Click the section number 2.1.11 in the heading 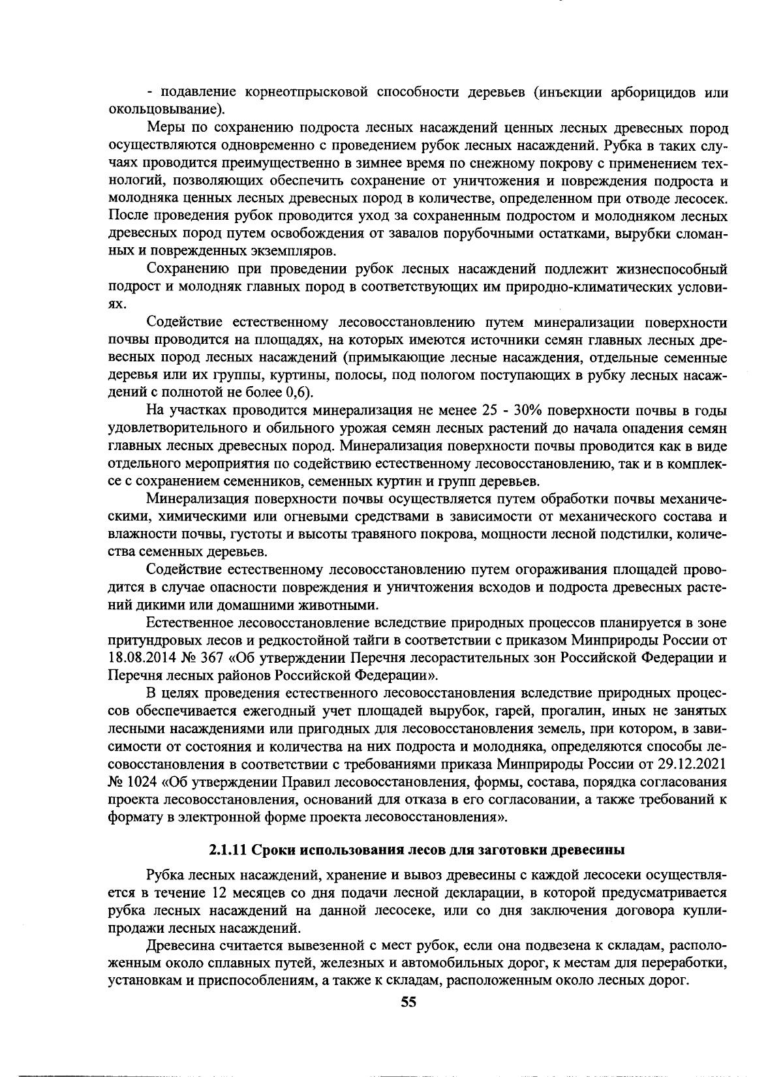point(228,850)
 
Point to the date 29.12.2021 point(694,763)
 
